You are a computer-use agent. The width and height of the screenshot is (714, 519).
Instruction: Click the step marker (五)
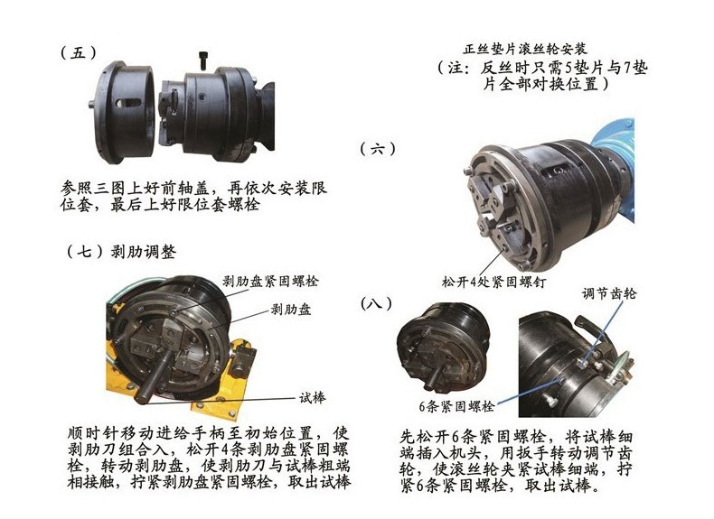77,52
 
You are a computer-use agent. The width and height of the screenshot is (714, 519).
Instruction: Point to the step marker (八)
376,302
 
